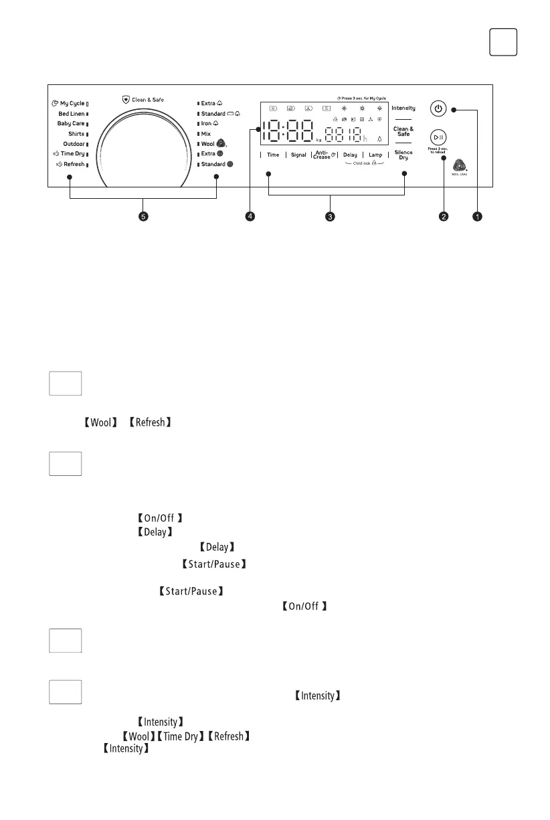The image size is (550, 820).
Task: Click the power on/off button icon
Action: point(438,108)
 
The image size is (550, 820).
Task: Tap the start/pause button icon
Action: point(438,136)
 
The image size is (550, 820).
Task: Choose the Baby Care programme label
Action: point(71,124)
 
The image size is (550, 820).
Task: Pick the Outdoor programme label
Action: point(74,144)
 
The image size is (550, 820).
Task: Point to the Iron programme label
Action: point(207,124)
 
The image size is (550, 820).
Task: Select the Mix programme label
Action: point(206,134)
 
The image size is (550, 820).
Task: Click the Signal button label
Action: point(298,155)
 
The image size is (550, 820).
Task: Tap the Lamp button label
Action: point(375,155)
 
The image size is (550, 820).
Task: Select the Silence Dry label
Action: point(403,155)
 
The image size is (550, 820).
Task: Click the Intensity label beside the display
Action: point(403,108)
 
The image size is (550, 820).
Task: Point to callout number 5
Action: point(143,217)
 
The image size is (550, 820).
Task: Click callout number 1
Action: point(477,217)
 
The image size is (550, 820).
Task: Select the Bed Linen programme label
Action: point(71,114)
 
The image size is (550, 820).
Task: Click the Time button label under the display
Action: point(273,155)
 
